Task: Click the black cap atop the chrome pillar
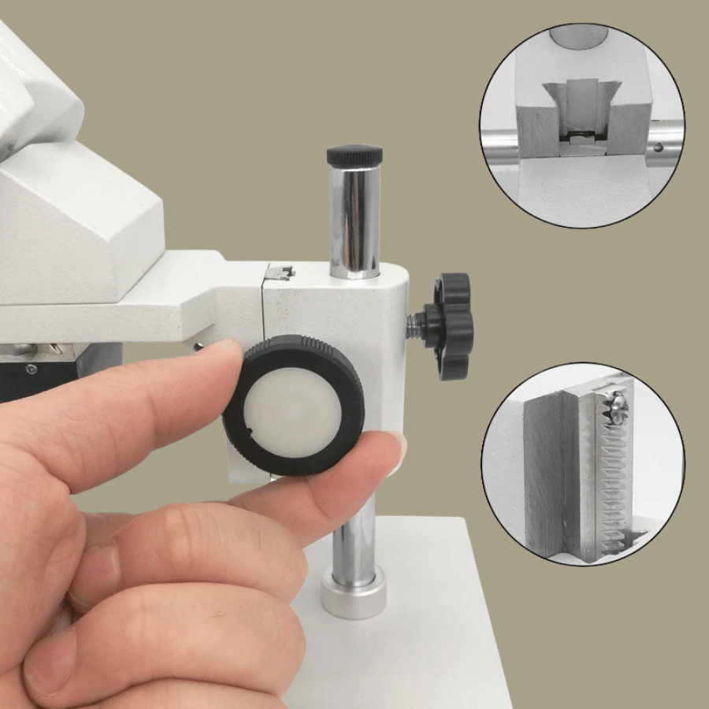[354, 155]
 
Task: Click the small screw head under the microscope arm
[31, 368]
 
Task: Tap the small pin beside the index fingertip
[199, 346]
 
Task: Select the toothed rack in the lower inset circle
[611, 481]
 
